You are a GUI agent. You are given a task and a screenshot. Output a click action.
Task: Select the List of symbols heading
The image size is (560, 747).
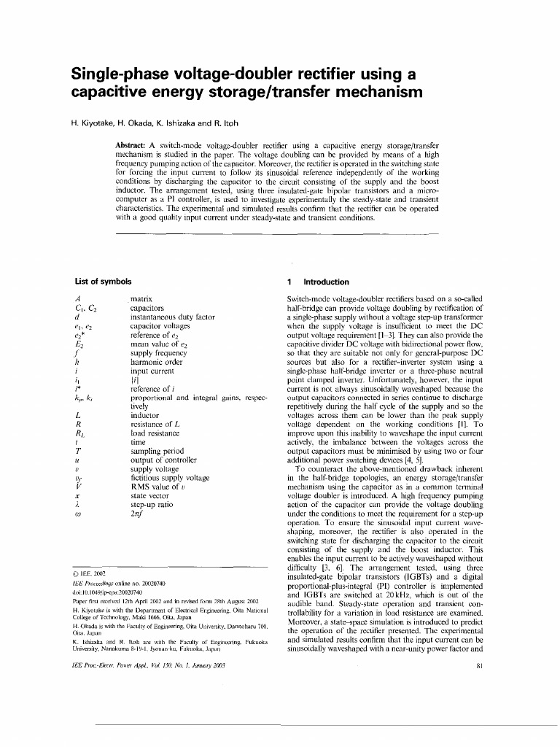pos(104,282)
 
